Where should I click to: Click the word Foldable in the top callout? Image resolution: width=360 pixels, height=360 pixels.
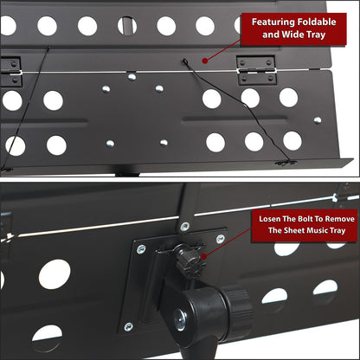317,22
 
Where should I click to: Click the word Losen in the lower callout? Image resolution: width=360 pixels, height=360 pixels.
269,219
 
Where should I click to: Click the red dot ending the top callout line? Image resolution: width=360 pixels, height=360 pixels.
204,61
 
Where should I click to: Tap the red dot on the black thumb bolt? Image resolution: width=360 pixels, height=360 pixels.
203,256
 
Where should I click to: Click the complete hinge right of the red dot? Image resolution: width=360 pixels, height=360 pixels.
256,70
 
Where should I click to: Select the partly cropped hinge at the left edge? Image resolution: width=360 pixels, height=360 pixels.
10,72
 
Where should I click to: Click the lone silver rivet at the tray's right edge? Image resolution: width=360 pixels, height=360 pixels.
318,120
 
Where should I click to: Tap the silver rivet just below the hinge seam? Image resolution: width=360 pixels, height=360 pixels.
132,76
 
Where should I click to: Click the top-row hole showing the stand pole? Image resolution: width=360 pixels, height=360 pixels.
127,25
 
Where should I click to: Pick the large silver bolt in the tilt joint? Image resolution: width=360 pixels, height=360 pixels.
180,319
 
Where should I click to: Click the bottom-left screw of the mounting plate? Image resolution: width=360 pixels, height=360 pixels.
128,327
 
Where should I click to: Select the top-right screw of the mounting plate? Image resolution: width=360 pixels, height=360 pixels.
220,239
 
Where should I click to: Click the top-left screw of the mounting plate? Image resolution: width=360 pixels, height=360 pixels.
141,249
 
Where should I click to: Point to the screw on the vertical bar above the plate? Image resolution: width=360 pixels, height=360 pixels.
184,227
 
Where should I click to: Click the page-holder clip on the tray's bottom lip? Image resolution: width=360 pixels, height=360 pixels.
286,164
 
